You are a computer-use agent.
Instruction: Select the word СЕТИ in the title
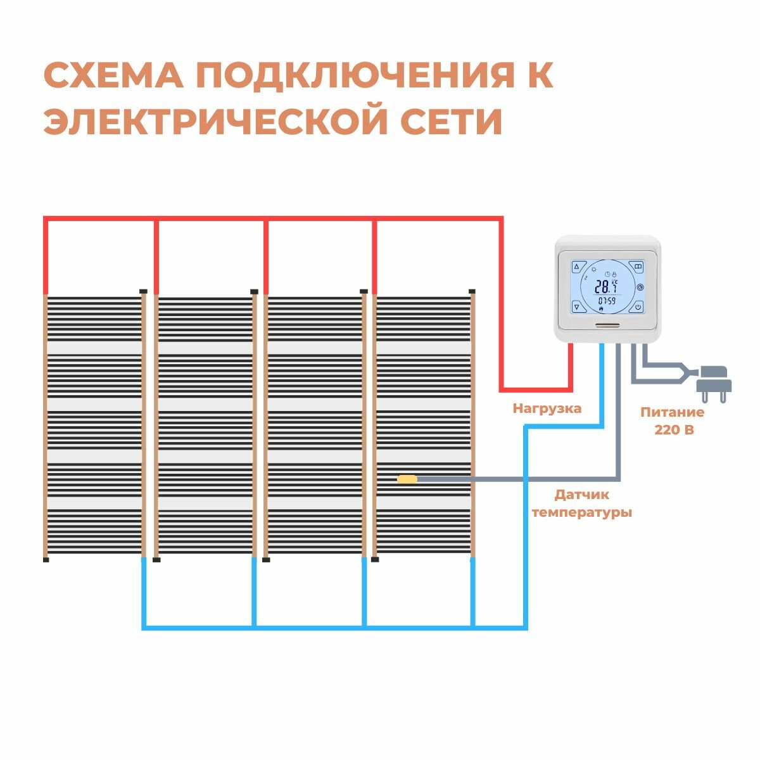pyautogui.click(x=452, y=122)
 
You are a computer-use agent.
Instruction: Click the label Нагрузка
pyautogui.click(x=547, y=408)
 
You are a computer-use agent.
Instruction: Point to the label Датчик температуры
pyautogui.click(x=582, y=503)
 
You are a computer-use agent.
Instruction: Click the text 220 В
pyautogui.click(x=673, y=430)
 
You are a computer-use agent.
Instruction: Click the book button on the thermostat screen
pyautogui.click(x=638, y=266)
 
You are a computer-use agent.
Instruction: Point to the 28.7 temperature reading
pyautogui.click(x=605, y=286)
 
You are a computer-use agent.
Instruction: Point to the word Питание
pyautogui.click(x=672, y=413)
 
